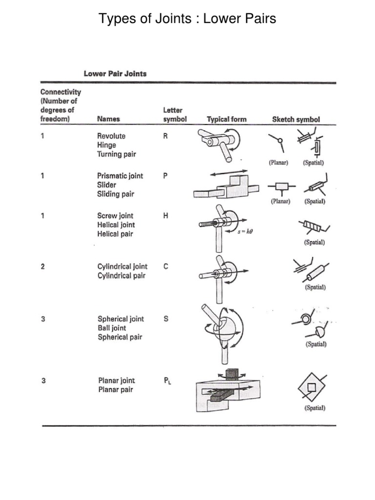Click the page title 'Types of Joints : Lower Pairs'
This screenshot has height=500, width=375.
[x=187, y=19]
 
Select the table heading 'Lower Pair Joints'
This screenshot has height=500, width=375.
[x=115, y=74]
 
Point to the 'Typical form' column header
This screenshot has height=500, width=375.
[x=227, y=119]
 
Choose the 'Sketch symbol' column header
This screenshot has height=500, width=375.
[x=296, y=119]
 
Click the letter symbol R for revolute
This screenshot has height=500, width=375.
[x=166, y=136]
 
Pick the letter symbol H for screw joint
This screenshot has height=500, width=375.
[x=166, y=215]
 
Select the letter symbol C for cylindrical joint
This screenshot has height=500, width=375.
[x=166, y=267]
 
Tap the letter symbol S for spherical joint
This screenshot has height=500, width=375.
[x=166, y=319]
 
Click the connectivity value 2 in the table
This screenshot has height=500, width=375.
[x=43, y=267]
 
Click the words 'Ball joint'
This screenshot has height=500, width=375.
[x=112, y=328]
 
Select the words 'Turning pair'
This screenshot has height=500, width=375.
[x=117, y=154]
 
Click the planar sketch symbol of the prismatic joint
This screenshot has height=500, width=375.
[x=281, y=187]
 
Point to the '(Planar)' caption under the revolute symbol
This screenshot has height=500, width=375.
[x=280, y=163]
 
